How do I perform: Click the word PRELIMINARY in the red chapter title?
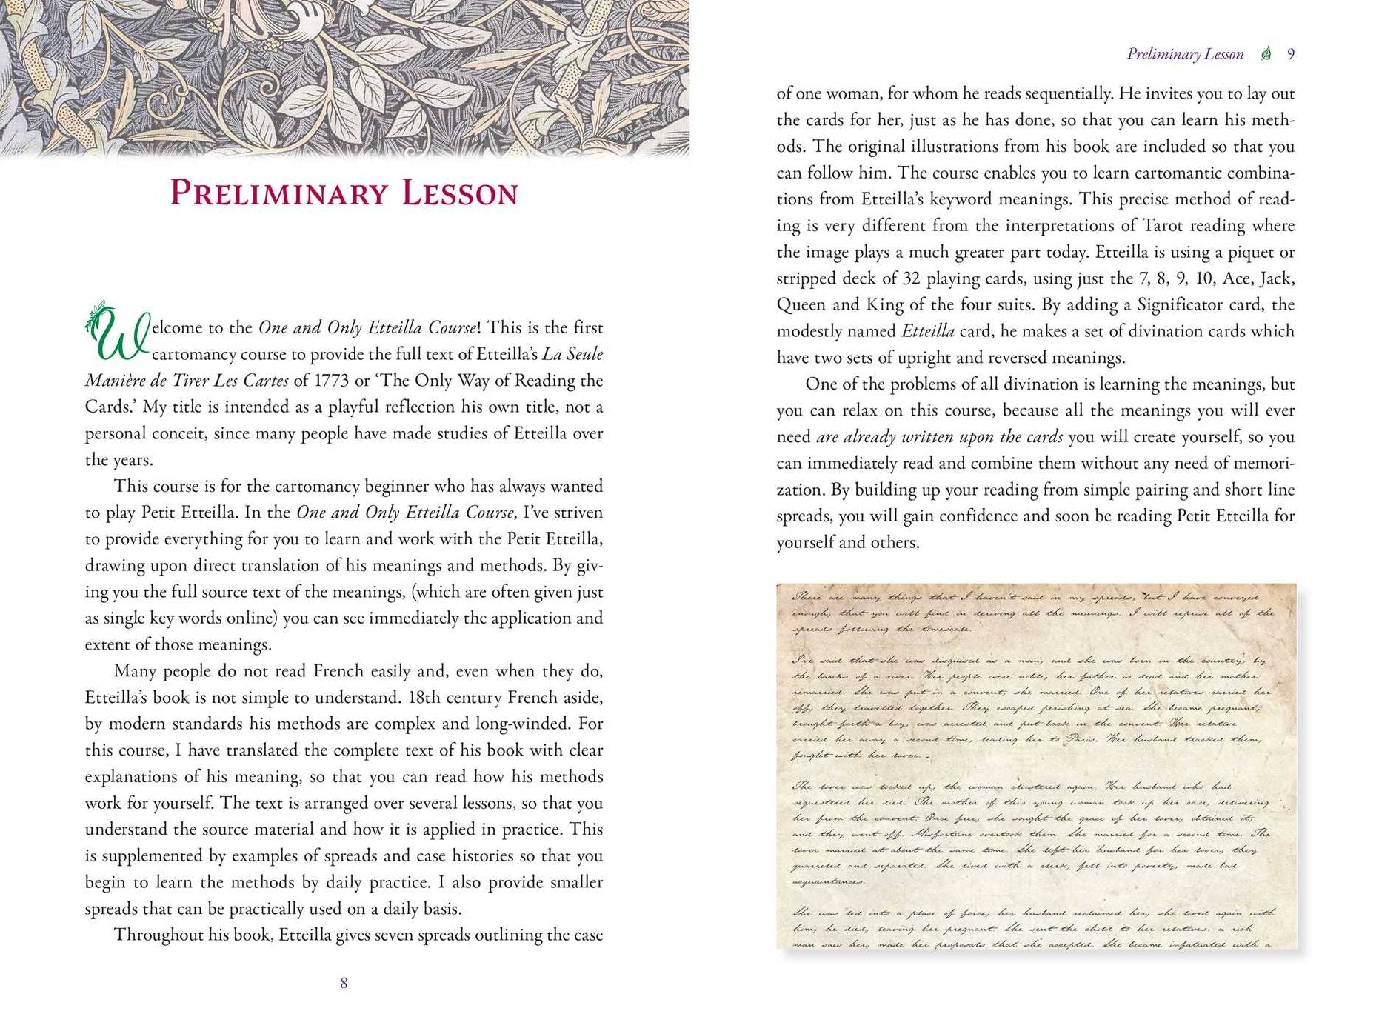click(x=278, y=193)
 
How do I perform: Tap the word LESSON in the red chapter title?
click(x=460, y=193)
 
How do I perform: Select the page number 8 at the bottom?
click(x=344, y=983)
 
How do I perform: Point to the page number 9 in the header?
click(x=1291, y=54)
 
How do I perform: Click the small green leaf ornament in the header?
click(x=1266, y=54)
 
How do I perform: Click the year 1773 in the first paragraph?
click(x=331, y=381)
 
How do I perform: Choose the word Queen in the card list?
click(x=800, y=305)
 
